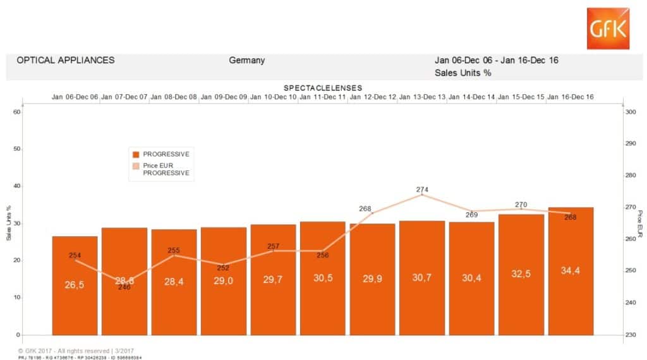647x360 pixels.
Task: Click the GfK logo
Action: pyautogui.click(x=608, y=28)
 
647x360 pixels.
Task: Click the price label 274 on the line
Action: pyautogui.click(x=423, y=189)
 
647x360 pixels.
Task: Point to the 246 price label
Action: pyautogui.click(x=124, y=287)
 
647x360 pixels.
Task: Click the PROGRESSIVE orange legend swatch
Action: pyautogui.click(x=135, y=154)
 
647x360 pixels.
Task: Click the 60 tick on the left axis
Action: pyautogui.click(x=17, y=112)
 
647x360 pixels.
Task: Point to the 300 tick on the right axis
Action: pyautogui.click(x=629, y=112)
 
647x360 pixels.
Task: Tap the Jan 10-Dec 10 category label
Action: pyautogui.click(x=273, y=97)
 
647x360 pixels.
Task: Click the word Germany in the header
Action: pyautogui.click(x=247, y=61)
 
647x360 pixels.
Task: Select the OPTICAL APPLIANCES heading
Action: pyautogui.click(x=66, y=61)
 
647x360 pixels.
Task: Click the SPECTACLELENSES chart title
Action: pyautogui.click(x=322, y=88)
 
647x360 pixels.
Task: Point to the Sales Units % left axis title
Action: pyautogui.click(x=9, y=223)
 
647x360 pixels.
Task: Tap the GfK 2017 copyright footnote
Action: pyautogui.click(x=76, y=351)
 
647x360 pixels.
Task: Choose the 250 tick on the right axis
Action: pyautogui.click(x=629, y=271)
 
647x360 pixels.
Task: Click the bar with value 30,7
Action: pyautogui.click(x=422, y=278)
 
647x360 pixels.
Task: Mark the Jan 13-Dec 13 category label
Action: pyautogui.click(x=422, y=97)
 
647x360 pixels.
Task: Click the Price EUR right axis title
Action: pyautogui.click(x=639, y=223)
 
